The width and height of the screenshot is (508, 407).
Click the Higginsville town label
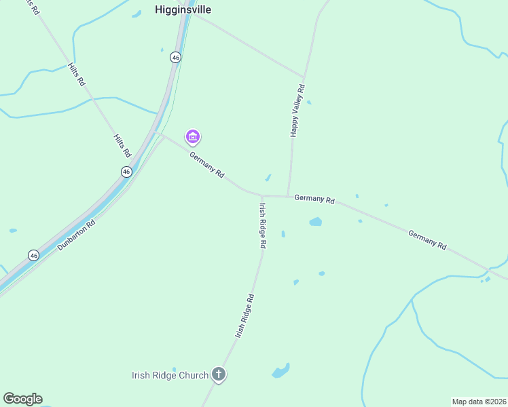click(183, 10)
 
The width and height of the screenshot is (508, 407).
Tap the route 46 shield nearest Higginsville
click(176, 58)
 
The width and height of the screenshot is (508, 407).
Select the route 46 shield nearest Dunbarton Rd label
click(34, 255)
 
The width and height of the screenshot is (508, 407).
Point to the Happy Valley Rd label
click(298, 111)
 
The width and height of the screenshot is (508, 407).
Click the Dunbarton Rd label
click(76, 235)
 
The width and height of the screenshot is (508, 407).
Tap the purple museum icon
click(193, 138)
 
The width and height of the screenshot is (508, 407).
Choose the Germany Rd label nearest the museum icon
click(206, 164)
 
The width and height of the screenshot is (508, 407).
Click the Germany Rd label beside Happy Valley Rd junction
click(314, 200)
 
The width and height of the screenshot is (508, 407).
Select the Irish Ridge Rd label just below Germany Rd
click(262, 225)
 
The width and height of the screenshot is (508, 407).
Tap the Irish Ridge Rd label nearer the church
click(244, 315)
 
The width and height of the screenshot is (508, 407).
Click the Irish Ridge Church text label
click(170, 375)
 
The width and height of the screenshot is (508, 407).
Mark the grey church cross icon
click(219, 374)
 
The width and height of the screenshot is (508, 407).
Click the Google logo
click(22, 399)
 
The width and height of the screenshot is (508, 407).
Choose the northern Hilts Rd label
click(76, 74)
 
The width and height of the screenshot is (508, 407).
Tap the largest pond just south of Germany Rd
click(315, 221)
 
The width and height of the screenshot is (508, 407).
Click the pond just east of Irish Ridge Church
click(280, 370)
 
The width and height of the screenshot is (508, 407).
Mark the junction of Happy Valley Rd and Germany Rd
click(289, 197)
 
